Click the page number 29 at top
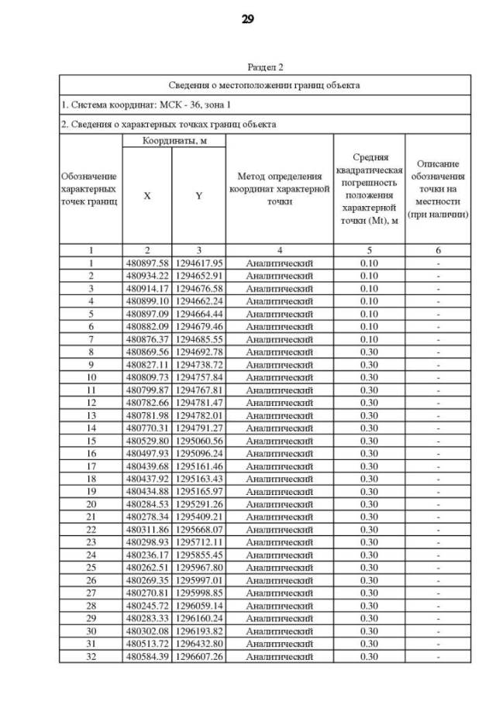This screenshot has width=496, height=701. point(248,19)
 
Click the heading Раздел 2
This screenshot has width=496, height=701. point(264,68)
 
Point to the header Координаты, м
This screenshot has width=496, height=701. point(174,142)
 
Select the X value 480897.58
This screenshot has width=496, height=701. point(147,263)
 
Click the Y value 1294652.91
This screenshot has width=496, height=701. point(199,276)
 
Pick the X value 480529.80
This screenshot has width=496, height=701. point(147,441)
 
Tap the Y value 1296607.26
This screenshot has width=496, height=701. point(199,656)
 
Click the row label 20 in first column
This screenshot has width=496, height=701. point(91,504)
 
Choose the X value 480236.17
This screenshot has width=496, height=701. point(147,555)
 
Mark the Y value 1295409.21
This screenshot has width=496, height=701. point(199,517)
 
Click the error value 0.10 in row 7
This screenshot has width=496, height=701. point(369,339)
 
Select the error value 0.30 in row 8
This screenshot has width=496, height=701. point(369,352)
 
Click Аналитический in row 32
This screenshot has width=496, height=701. point(280,656)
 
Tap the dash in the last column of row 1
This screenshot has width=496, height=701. point(438,263)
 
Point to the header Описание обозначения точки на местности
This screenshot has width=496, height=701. point(438,189)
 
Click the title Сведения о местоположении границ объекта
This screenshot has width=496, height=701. point(264,84)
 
